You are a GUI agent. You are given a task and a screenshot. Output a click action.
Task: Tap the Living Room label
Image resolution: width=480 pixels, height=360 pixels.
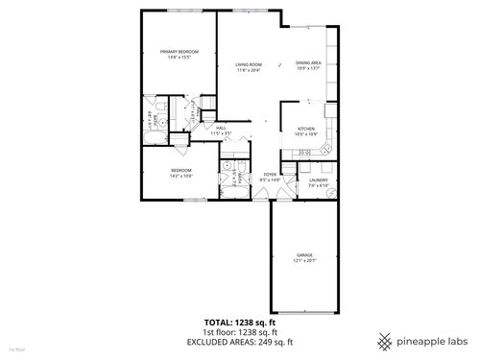click(249, 64)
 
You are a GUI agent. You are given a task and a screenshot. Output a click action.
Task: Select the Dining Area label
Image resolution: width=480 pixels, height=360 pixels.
click(309, 63)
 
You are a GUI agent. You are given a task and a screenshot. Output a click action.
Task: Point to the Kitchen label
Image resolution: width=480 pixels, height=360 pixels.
click(306, 128)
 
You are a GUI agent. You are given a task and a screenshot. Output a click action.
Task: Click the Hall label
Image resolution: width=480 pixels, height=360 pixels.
click(220, 128)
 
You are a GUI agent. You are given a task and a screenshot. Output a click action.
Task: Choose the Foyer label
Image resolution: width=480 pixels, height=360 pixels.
click(270, 174)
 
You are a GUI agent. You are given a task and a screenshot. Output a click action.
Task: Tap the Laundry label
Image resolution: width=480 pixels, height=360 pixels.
click(319, 180)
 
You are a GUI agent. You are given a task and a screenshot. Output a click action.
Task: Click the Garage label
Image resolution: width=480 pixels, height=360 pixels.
click(303, 254)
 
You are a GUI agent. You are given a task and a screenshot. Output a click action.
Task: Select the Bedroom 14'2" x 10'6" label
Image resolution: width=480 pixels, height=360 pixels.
click(169, 170)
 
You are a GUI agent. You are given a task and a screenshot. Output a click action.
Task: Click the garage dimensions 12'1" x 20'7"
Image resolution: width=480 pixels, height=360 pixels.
click(303, 260)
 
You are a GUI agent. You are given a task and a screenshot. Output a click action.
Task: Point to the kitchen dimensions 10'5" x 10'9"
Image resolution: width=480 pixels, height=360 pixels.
click(306, 133)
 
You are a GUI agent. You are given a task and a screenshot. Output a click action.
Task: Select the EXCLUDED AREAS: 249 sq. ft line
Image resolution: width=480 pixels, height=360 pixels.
click(239, 341)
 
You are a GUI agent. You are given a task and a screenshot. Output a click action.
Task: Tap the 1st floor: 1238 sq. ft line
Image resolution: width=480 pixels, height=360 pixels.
click(239, 331)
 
